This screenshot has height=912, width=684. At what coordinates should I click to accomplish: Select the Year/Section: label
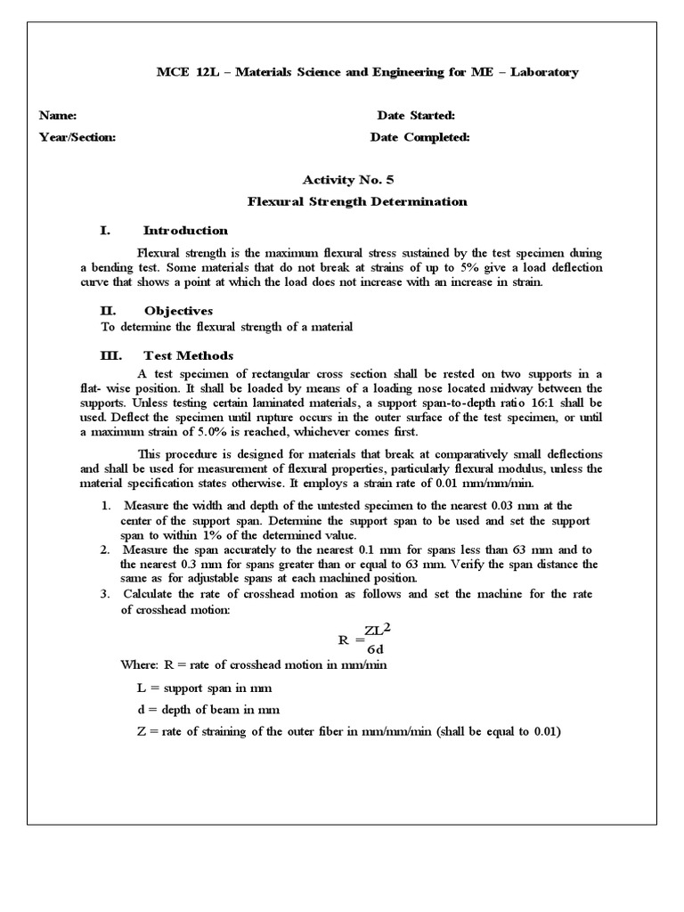[x=77, y=137]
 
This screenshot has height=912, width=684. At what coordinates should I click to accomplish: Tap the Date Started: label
[x=416, y=116]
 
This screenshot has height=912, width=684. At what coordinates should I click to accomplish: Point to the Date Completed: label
[x=419, y=137]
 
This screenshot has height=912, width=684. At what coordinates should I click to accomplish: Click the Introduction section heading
[x=185, y=231]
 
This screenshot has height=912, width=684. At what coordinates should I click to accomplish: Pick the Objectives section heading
[x=178, y=311]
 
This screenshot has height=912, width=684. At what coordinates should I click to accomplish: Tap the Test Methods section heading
[x=188, y=355]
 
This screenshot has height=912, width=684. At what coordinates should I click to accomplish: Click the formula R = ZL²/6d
[x=365, y=638]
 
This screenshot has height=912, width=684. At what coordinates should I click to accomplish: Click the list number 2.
[x=104, y=550]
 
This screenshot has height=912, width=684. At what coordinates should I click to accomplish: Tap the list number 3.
[x=104, y=594]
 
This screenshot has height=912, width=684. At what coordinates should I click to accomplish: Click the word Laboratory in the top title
[x=541, y=72]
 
